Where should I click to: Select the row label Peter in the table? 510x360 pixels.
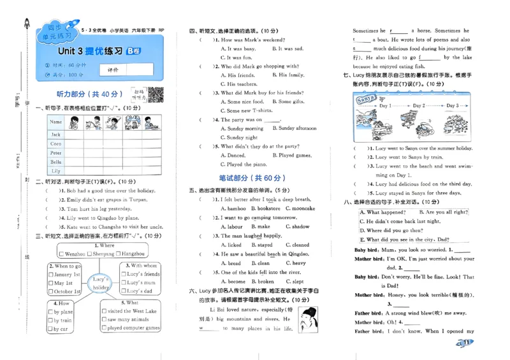56,153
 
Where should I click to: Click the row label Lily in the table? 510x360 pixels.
56,171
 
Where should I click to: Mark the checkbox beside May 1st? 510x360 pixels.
51,283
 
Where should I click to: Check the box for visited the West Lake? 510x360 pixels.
103,312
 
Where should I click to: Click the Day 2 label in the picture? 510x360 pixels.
418,106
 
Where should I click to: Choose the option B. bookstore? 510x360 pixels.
265,208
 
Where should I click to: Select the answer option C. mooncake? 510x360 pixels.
300,208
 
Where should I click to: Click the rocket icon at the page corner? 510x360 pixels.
27,24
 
